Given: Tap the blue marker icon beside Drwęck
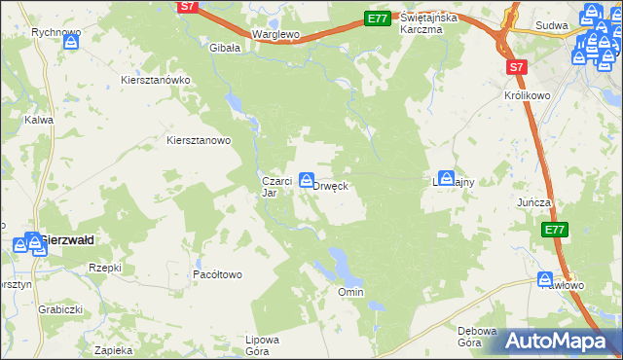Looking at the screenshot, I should pyautogui.click(x=307, y=179).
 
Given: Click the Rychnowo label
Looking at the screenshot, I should pyautogui.click(x=55, y=32).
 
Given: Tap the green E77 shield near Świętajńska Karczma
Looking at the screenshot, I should pyautogui.click(x=379, y=18).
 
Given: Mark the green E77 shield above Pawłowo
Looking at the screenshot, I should pyautogui.click(x=554, y=230).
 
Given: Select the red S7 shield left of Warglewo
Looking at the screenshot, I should pyautogui.click(x=190, y=7).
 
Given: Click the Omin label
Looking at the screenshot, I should pyautogui.click(x=349, y=292).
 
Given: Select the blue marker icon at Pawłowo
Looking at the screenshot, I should pyautogui.click(x=546, y=279).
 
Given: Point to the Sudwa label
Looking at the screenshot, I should pyautogui.click(x=552, y=26).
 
